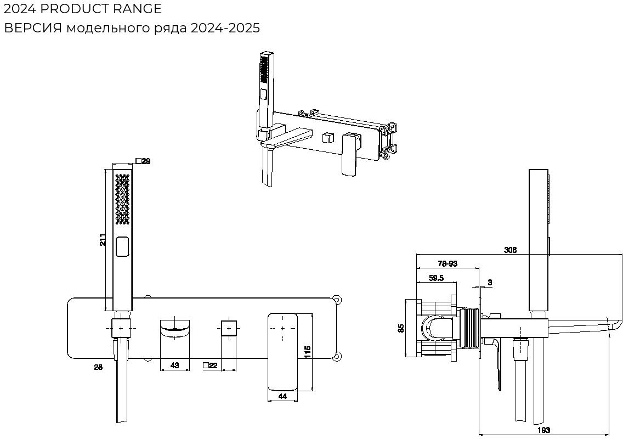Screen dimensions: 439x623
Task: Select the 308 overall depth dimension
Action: coord(511,250)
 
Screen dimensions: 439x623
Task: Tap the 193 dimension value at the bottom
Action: coord(543,430)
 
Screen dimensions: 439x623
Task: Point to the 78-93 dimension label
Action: coord(448,263)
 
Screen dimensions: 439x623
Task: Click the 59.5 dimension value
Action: coord(436,278)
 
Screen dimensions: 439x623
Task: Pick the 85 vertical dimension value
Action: coord(401,328)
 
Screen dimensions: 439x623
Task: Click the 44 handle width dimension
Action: coord(282,396)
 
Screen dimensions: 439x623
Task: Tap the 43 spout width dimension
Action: coord(174,365)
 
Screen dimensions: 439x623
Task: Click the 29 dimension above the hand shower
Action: coord(146,161)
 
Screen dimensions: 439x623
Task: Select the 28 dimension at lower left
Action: coord(98,367)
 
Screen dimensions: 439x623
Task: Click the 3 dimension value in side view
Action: coord(490,283)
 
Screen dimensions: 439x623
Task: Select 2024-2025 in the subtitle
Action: coord(225,28)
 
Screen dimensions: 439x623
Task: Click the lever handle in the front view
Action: coord(283,351)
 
